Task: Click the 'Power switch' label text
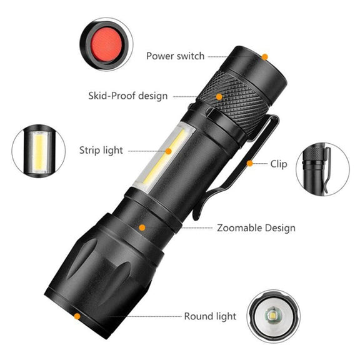click(176, 56)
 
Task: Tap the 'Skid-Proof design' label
click(128, 96)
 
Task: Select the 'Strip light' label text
click(101, 151)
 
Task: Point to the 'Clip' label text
click(279, 164)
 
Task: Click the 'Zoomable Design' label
click(256, 228)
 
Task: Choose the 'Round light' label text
click(210, 316)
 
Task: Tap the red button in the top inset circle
click(106, 44)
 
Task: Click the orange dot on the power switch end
click(265, 57)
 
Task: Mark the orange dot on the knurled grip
click(219, 97)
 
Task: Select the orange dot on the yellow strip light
click(169, 151)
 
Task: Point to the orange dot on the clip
click(250, 164)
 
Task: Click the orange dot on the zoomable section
click(142, 227)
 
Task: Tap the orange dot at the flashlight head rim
click(77, 316)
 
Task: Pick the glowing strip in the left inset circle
click(39, 151)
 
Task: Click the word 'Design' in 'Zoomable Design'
click(281, 229)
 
